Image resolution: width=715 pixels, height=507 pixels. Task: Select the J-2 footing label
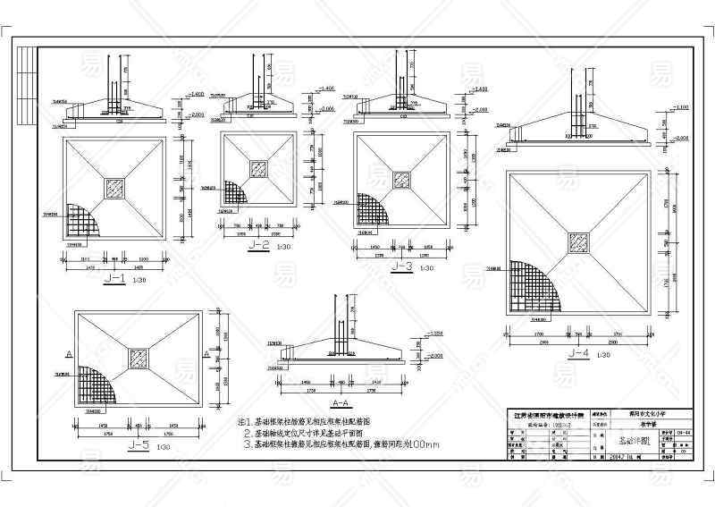click(x=260, y=244)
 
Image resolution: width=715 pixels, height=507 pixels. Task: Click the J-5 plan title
click(x=138, y=444)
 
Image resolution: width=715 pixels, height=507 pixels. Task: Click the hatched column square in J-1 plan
click(x=115, y=188)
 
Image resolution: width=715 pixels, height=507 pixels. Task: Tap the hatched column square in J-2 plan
click(x=260, y=168)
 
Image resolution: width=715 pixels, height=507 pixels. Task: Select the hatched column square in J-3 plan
click(x=402, y=180)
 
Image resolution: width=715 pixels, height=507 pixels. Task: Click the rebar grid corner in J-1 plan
click(x=81, y=220)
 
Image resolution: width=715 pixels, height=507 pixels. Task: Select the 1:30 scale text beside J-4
click(x=605, y=355)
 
